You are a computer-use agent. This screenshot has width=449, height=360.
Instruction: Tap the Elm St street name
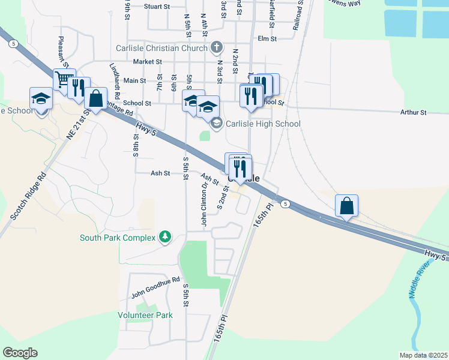pyautogui.click(x=266, y=38)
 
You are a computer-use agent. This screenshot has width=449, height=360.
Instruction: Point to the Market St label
pyautogui.click(x=148, y=61)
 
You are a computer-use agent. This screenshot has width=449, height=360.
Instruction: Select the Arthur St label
pyautogui.click(x=413, y=112)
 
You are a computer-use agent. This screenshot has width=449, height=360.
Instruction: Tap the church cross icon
pyautogui.click(x=217, y=47)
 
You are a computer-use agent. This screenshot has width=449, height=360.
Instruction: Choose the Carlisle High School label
pyautogui.click(x=263, y=124)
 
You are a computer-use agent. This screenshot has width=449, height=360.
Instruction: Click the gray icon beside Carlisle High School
pyautogui.click(x=216, y=124)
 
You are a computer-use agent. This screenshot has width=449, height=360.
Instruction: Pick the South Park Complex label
pyautogui.click(x=118, y=238)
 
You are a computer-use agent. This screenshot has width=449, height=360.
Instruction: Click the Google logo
pyautogui.click(x=20, y=353)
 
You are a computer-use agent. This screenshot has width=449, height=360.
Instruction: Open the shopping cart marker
pyautogui.click(x=64, y=79)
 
